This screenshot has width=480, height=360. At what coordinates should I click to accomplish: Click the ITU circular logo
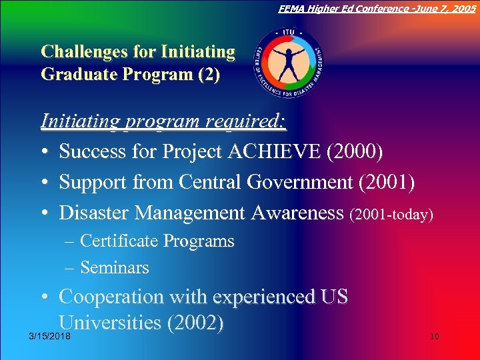tap(289, 63)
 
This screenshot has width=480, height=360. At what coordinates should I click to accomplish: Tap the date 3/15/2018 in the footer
tap(49, 337)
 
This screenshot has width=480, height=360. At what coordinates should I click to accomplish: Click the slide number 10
tap(434, 337)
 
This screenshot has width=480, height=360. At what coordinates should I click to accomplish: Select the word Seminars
tap(114, 268)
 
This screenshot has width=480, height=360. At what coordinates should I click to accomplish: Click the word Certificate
tap(119, 241)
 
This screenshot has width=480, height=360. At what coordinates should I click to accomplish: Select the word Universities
tap(109, 323)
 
